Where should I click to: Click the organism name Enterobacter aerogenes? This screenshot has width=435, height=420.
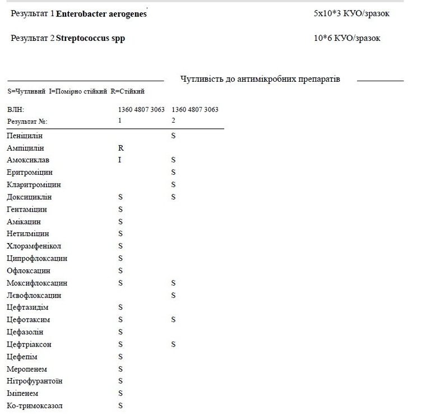click(x=101, y=13)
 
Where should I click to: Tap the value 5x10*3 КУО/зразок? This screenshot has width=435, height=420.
click(x=351, y=13)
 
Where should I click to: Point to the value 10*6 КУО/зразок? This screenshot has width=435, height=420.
click(x=347, y=38)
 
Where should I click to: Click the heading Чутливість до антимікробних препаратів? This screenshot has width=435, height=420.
click(x=260, y=79)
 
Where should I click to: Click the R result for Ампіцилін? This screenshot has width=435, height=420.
click(x=121, y=148)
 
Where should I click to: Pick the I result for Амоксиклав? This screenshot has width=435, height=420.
click(x=120, y=160)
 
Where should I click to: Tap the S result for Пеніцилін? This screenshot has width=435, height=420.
click(x=173, y=136)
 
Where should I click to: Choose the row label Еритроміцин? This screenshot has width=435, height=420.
click(x=30, y=172)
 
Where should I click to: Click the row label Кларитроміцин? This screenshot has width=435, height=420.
click(x=34, y=185)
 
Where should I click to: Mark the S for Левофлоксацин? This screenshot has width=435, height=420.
click(x=173, y=295)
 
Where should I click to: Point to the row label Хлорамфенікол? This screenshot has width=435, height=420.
click(x=34, y=246)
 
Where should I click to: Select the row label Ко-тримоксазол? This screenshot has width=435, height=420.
click(x=35, y=405)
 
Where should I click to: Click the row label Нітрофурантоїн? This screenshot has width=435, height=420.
click(x=35, y=381)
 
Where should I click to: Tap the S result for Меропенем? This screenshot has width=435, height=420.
click(x=120, y=369)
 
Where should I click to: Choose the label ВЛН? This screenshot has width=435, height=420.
click(x=16, y=110)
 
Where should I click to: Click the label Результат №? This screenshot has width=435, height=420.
click(x=27, y=121)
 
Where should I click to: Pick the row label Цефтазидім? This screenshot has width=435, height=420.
click(x=27, y=307)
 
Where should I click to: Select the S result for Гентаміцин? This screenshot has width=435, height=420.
click(x=120, y=209)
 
